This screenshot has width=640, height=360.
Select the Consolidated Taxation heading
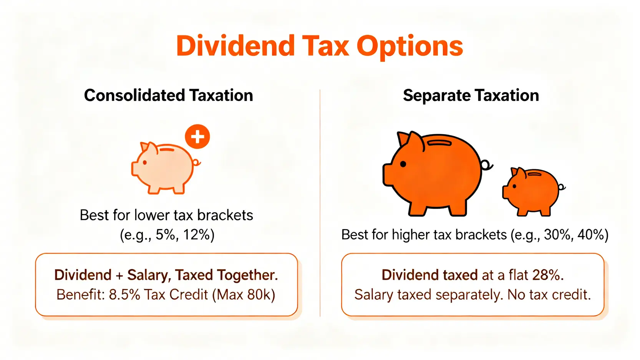pos(169,95)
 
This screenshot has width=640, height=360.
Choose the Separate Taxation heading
pos(471,95)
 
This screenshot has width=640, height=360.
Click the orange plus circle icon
pos(197,136)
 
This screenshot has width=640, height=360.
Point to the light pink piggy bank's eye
pos(145,163)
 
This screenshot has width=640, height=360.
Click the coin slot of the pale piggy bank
pos(167,149)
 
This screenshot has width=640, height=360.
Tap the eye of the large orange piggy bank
pos(403,164)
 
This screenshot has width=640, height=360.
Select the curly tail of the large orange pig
pos(486,165)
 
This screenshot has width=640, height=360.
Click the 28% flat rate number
pos(546,275)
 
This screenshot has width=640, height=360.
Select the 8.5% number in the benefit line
pos(124,295)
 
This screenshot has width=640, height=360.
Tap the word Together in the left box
pos(247,275)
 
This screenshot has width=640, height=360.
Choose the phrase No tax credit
pos(549,295)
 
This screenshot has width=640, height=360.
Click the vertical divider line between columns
pos(320,203)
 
